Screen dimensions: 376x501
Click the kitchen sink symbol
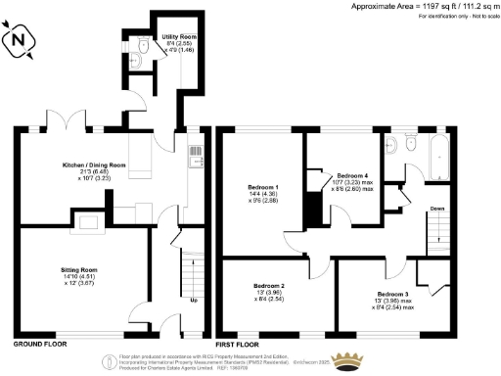(194, 155)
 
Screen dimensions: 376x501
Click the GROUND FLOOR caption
(40, 346)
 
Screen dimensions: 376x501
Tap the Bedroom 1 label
(263, 186)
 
